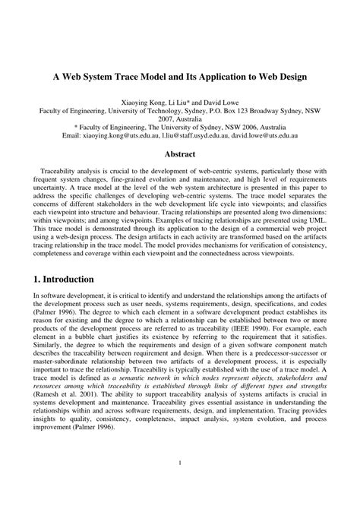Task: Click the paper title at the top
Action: point(179,77)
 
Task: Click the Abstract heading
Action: point(180,153)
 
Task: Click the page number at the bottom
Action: point(180,482)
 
